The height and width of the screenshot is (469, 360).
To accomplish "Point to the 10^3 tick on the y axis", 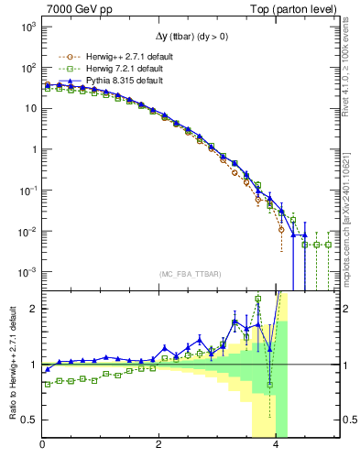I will pos(27,27).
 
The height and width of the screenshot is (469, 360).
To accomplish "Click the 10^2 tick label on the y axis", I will pos(27,68).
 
